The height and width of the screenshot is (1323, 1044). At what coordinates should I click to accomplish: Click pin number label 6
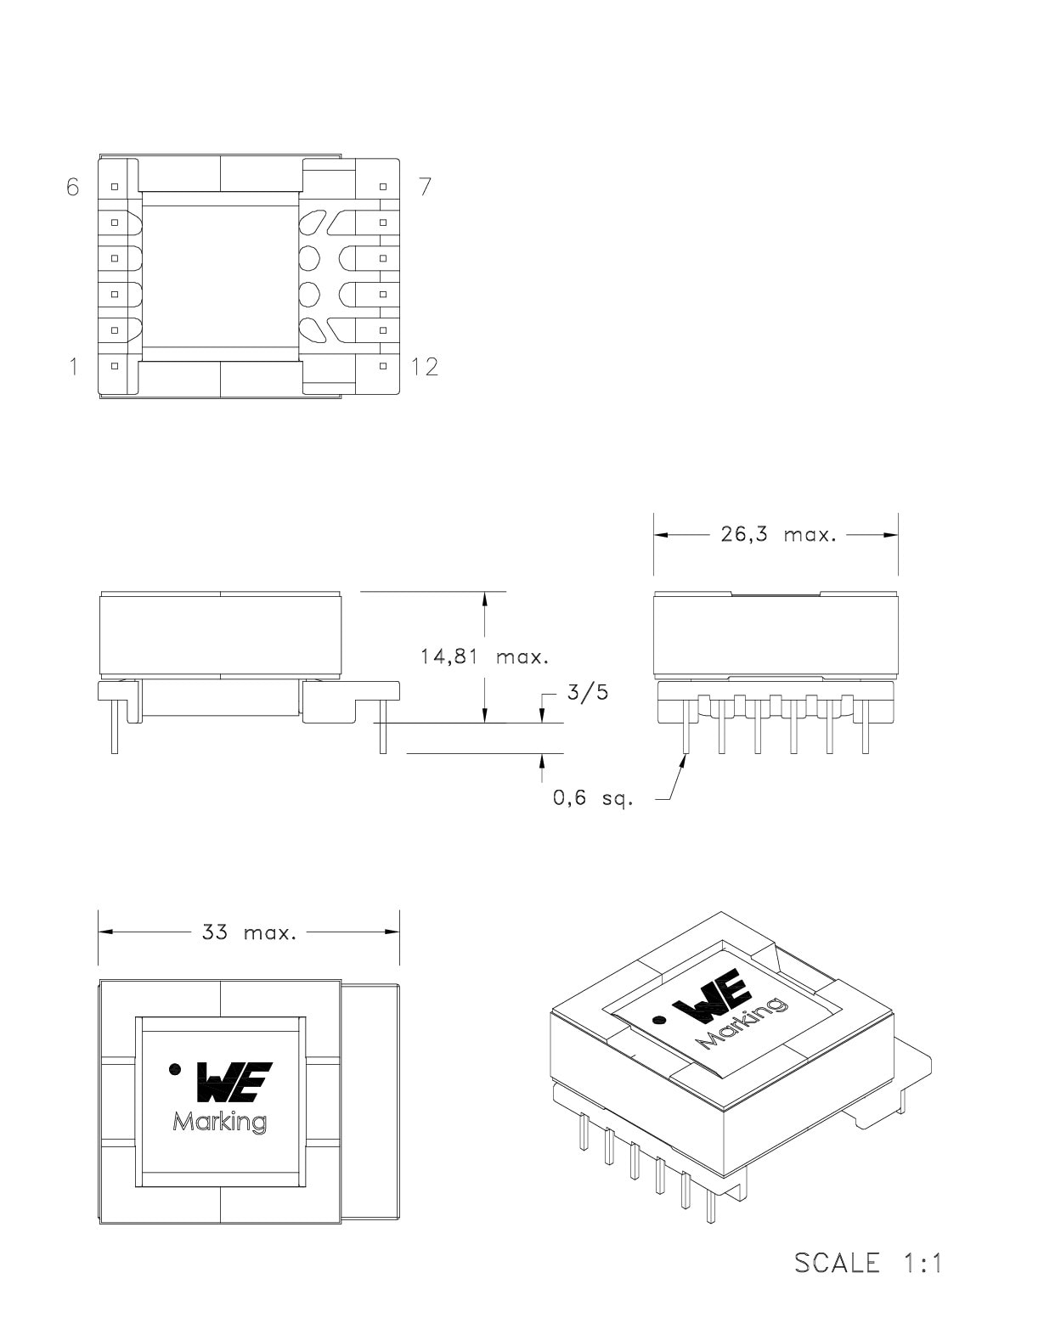click(x=72, y=186)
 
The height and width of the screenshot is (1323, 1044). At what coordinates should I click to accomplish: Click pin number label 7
click(x=425, y=186)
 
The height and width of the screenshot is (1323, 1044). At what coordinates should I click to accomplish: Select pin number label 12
click(x=425, y=366)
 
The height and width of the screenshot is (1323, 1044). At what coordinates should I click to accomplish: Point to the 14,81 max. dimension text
click(x=484, y=656)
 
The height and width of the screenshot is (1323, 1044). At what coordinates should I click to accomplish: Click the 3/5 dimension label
click(x=588, y=692)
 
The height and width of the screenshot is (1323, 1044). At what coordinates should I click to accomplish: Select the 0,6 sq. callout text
click(x=592, y=798)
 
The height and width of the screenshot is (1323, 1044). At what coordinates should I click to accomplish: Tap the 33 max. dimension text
click(x=249, y=932)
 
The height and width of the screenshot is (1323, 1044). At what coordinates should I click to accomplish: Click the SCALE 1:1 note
click(x=868, y=1263)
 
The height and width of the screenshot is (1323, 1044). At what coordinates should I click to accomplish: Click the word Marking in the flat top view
click(x=220, y=1122)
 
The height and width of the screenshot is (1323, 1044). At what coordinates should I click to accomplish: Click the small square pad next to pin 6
click(x=115, y=186)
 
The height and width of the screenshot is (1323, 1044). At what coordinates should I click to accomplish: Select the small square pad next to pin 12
click(x=383, y=366)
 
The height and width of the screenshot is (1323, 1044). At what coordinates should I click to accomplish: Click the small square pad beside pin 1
click(x=115, y=366)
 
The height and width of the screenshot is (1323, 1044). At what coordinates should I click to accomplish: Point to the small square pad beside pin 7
click(x=383, y=186)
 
